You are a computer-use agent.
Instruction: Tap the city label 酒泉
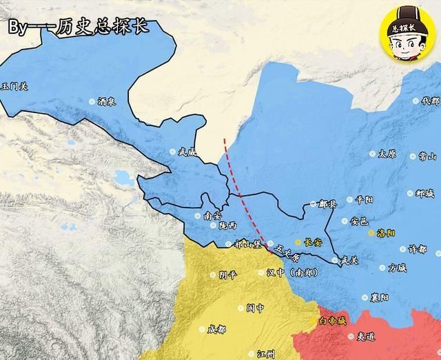pyautogui.click(x=107, y=101)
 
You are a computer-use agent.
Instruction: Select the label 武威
pyautogui.click(x=187, y=152)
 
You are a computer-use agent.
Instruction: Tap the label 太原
pyautogui.click(x=387, y=154)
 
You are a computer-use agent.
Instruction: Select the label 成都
pyautogui.click(x=216, y=329)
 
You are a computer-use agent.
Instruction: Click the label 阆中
pyautogui.click(x=256, y=308)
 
